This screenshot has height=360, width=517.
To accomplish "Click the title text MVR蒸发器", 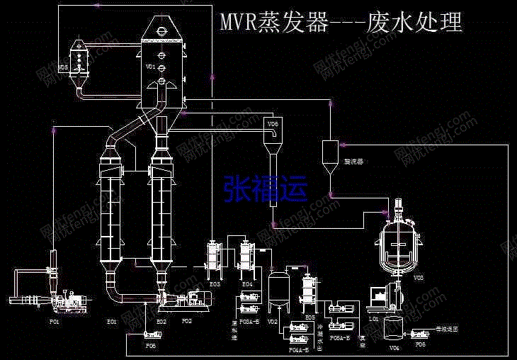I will pos(273,23).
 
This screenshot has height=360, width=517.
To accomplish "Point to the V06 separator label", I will pos(273,123).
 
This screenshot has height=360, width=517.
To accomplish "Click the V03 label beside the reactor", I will pos(419,279).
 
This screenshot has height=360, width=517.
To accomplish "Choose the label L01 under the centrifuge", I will pos(374,320).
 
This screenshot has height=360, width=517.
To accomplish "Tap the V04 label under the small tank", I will pos(394,347).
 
